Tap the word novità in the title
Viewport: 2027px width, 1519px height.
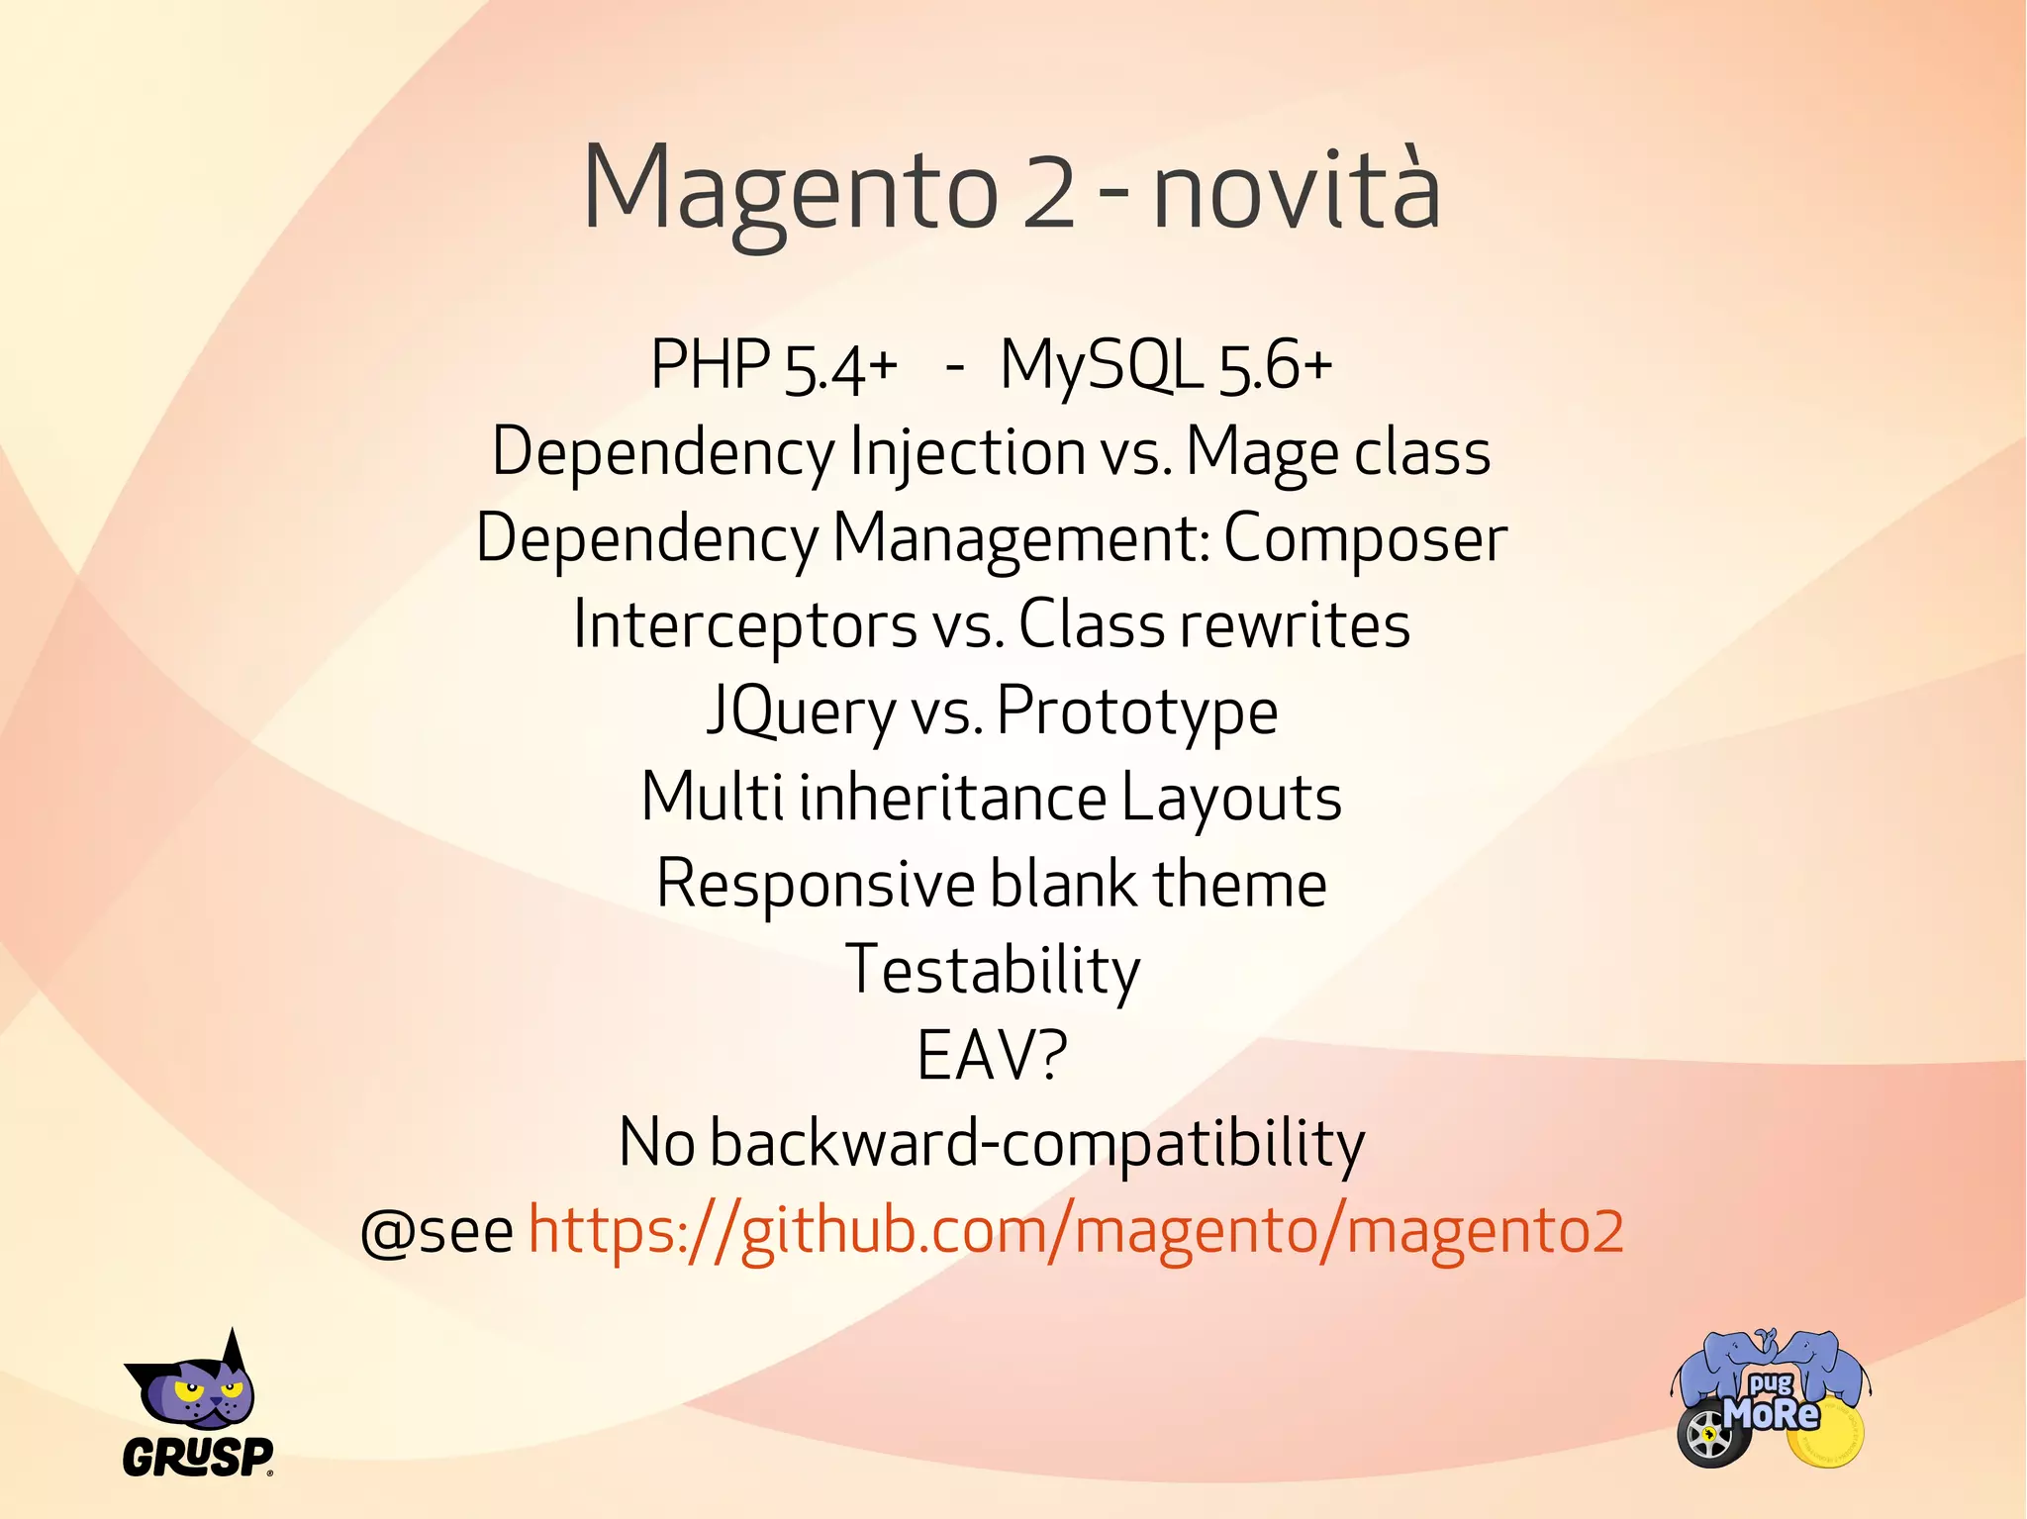click(x=1297, y=190)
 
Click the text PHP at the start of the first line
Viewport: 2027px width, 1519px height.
click(x=710, y=365)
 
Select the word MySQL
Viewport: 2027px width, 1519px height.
click(x=1101, y=365)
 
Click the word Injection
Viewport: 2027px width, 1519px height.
click(x=968, y=452)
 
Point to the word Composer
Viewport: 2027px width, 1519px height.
click(x=1365, y=539)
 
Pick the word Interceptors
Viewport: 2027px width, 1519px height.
click(x=745, y=625)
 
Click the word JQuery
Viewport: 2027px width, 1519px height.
click(x=800, y=712)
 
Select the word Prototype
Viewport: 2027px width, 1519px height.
click(x=1137, y=712)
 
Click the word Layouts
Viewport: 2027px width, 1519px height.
click(x=1231, y=798)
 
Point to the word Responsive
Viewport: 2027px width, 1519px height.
click(x=816, y=884)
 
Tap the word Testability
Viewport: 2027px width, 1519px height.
click(x=993, y=971)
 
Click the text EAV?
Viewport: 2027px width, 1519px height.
click(x=992, y=1056)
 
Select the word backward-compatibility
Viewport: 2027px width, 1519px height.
click(x=1037, y=1143)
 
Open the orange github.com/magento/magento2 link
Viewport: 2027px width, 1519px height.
click(x=1075, y=1230)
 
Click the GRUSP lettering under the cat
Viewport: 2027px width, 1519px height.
click(x=197, y=1457)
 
